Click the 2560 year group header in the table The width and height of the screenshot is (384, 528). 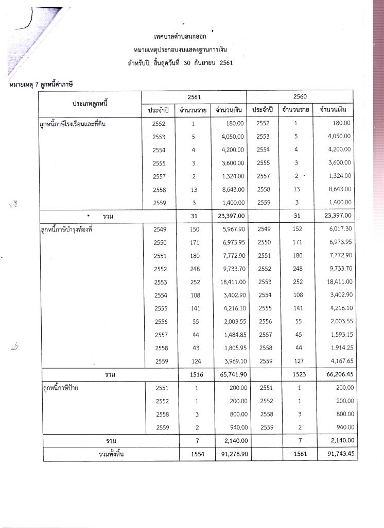coord(299,96)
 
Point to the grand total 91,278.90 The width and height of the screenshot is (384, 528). coord(229,454)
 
